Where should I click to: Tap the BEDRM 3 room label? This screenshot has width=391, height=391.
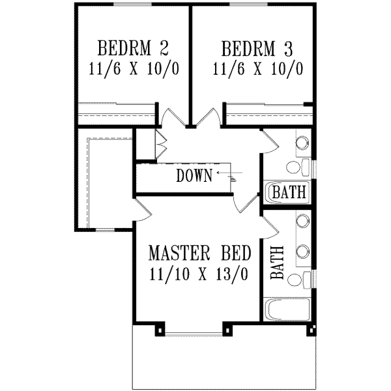pos(258,49)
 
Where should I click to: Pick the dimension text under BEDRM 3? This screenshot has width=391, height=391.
pos(258,69)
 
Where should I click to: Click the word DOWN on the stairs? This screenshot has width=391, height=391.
pos(194,175)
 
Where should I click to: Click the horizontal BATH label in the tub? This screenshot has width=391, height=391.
pos(289,193)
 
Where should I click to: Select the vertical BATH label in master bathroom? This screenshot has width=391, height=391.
pos(276,262)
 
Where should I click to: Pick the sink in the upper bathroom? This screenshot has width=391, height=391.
pos(302,143)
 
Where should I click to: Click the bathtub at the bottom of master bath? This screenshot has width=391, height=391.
pos(288,309)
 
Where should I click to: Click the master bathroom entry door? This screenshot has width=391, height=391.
pos(270,225)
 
